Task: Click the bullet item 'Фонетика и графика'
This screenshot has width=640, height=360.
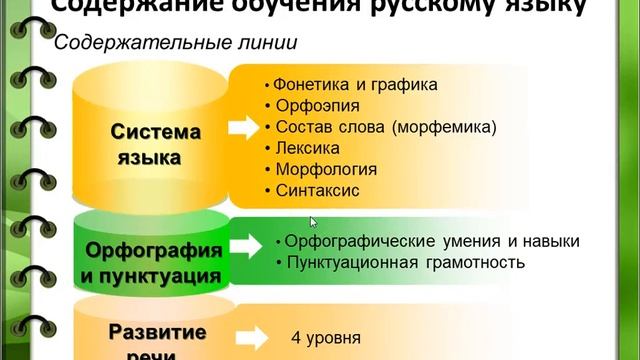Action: (x=356, y=85)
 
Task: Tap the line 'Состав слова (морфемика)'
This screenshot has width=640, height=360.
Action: (x=385, y=126)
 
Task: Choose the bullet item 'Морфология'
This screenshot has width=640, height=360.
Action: (x=320, y=168)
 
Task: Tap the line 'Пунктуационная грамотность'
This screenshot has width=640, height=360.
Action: (x=405, y=263)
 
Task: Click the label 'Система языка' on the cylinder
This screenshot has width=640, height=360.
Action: (x=155, y=145)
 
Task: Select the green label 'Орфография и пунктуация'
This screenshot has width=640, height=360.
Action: (x=152, y=259)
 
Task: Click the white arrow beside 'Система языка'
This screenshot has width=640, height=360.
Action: (x=242, y=129)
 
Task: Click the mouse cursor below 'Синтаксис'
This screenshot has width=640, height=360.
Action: (x=313, y=222)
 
